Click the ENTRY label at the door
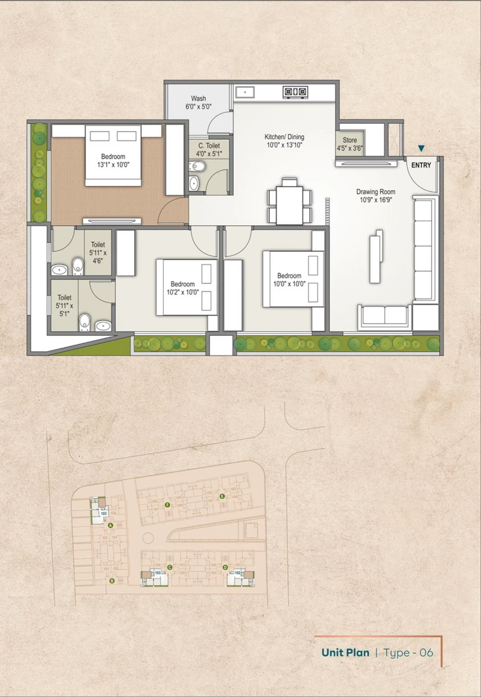tap(421, 165)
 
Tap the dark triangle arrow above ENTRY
tap(421, 149)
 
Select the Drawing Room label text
tap(375, 196)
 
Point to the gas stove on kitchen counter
tap(294, 92)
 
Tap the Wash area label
tap(198, 103)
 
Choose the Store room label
tap(350, 144)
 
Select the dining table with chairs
tap(290, 201)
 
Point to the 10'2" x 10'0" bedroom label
tap(182, 288)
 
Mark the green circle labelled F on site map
tap(167, 505)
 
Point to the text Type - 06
tap(409, 653)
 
